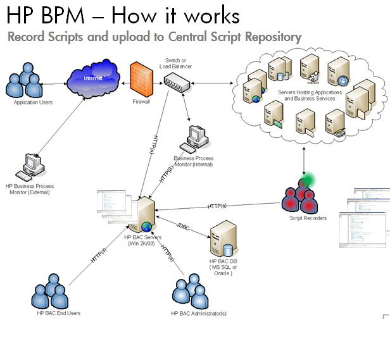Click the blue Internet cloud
(x=94, y=78)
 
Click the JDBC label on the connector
(x=183, y=226)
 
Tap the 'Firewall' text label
(x=141, y=101)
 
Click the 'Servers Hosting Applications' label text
(x=310, y=92)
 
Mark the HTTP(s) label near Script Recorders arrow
(x=217, y=206)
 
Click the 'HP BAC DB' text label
(x=221, y=261)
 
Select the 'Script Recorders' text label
(x=308, y=218)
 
